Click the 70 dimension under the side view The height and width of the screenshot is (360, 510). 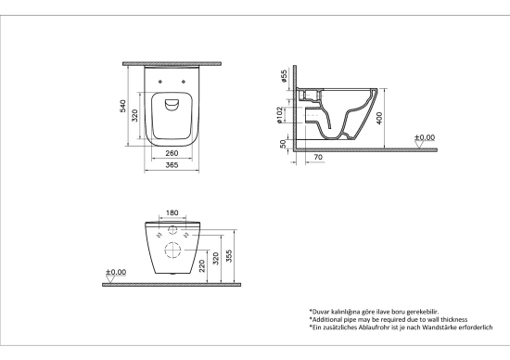click(319, 158)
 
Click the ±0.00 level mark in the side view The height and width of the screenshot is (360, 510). click(425, 137)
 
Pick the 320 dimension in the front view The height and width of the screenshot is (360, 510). click(215, 258)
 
